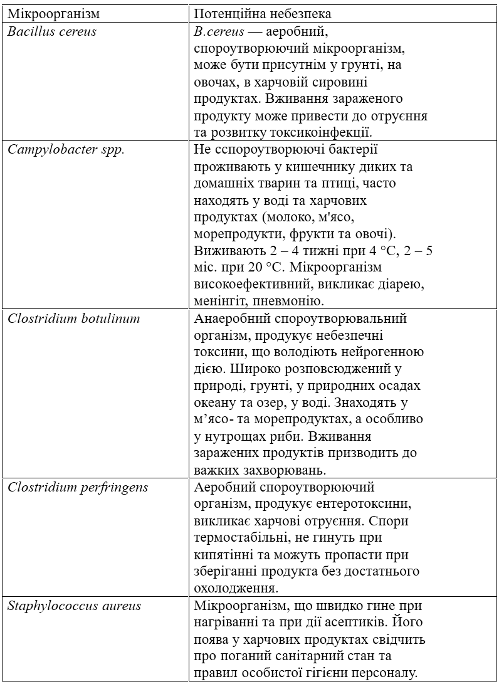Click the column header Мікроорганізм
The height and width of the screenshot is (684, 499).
coord(53,13)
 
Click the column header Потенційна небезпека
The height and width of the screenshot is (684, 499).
coord(263,13)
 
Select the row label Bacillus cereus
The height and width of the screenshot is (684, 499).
coord(52,31)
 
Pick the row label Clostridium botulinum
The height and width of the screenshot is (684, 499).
coord(74,318)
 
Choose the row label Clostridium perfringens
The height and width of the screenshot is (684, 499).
coord(78,487)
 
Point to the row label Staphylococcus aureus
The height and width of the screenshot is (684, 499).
coord(74,606)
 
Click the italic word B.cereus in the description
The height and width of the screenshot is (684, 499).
coord(217,31)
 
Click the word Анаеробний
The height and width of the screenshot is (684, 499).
coord(228,318)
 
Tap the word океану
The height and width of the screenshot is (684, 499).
coord(216,403)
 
